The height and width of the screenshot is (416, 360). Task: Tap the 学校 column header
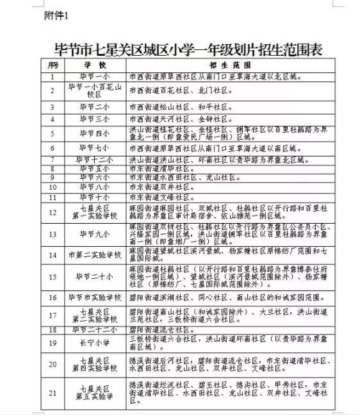90,65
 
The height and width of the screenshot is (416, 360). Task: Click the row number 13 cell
53,234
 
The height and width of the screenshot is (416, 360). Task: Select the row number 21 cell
53,392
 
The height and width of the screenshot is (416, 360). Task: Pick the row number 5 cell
53,133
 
